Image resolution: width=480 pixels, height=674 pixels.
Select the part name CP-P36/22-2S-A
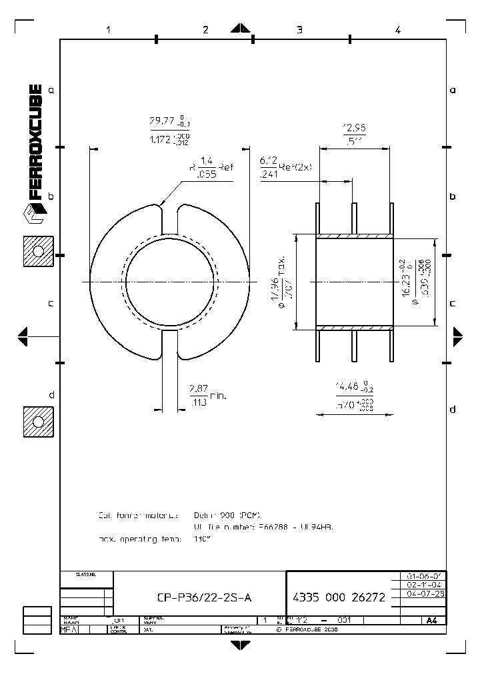point(204,597)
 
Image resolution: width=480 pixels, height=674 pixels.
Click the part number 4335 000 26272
point(339,597)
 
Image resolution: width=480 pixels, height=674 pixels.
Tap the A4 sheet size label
point(432,620)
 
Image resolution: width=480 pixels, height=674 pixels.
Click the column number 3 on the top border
point(299,30)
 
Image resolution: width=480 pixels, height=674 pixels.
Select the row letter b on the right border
point(453,196)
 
